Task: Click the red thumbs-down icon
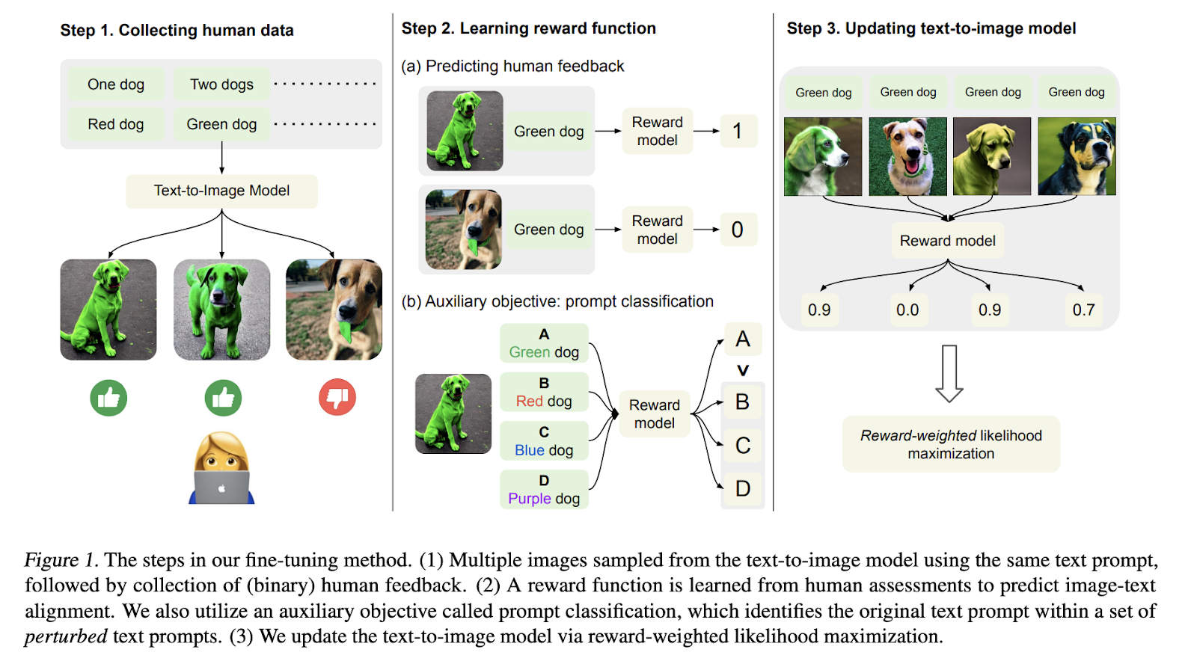coord(337,397)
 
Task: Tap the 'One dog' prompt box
coord(116,84)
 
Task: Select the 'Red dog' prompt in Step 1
coord(116,124)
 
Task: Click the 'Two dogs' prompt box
coord(221,84)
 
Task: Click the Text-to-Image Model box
coord(221,191)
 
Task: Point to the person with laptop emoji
coord(221,469)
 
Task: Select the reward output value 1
coord(738,131)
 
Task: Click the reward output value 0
coord(738,230)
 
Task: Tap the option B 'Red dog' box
coord(544,393)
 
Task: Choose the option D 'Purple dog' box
coord(544,491)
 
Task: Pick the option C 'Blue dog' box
coord(544,442)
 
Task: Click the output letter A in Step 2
coord(742,339)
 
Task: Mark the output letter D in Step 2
coord(742,489)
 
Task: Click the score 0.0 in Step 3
coord(907,310)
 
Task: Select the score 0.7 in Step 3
coord(1083,310)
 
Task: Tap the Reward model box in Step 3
coord(947,241)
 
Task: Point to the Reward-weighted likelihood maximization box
coord(951,444)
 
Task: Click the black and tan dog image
coord(1077,156)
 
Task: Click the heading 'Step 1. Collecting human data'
coord(177,31)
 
